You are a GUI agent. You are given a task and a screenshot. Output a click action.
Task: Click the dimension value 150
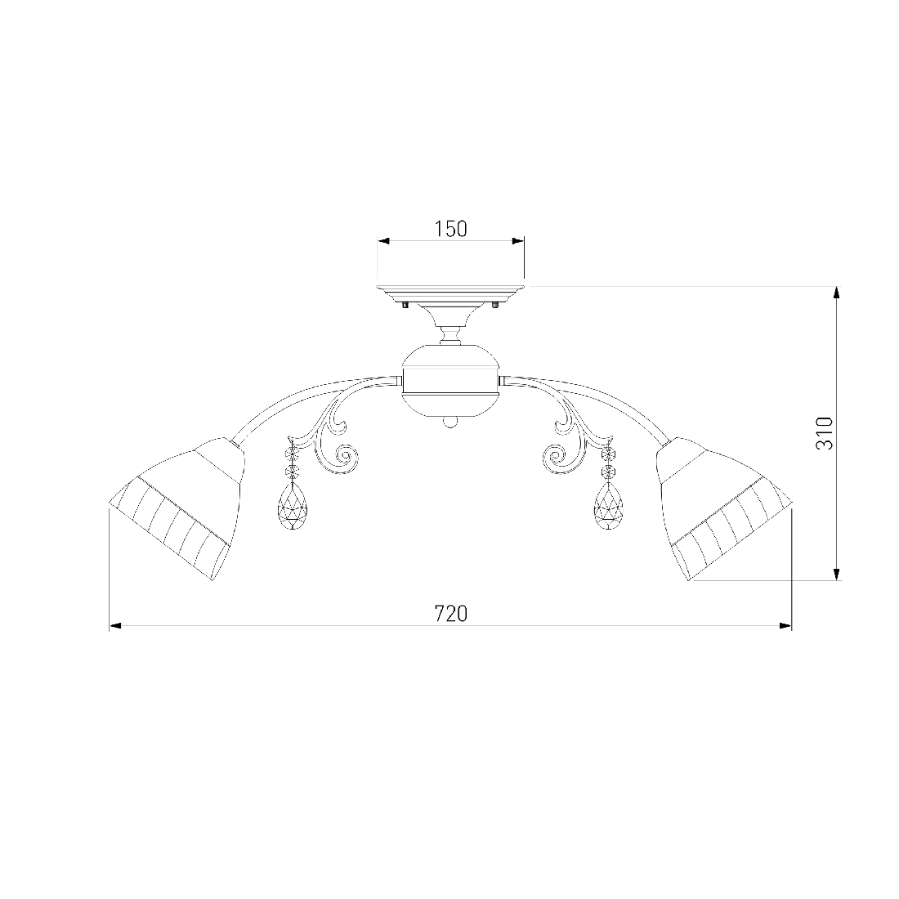[x=450, y=230]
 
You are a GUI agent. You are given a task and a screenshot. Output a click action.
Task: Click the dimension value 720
[x=450, y=614]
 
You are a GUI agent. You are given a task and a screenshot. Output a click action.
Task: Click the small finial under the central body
[x=450, y=423]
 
